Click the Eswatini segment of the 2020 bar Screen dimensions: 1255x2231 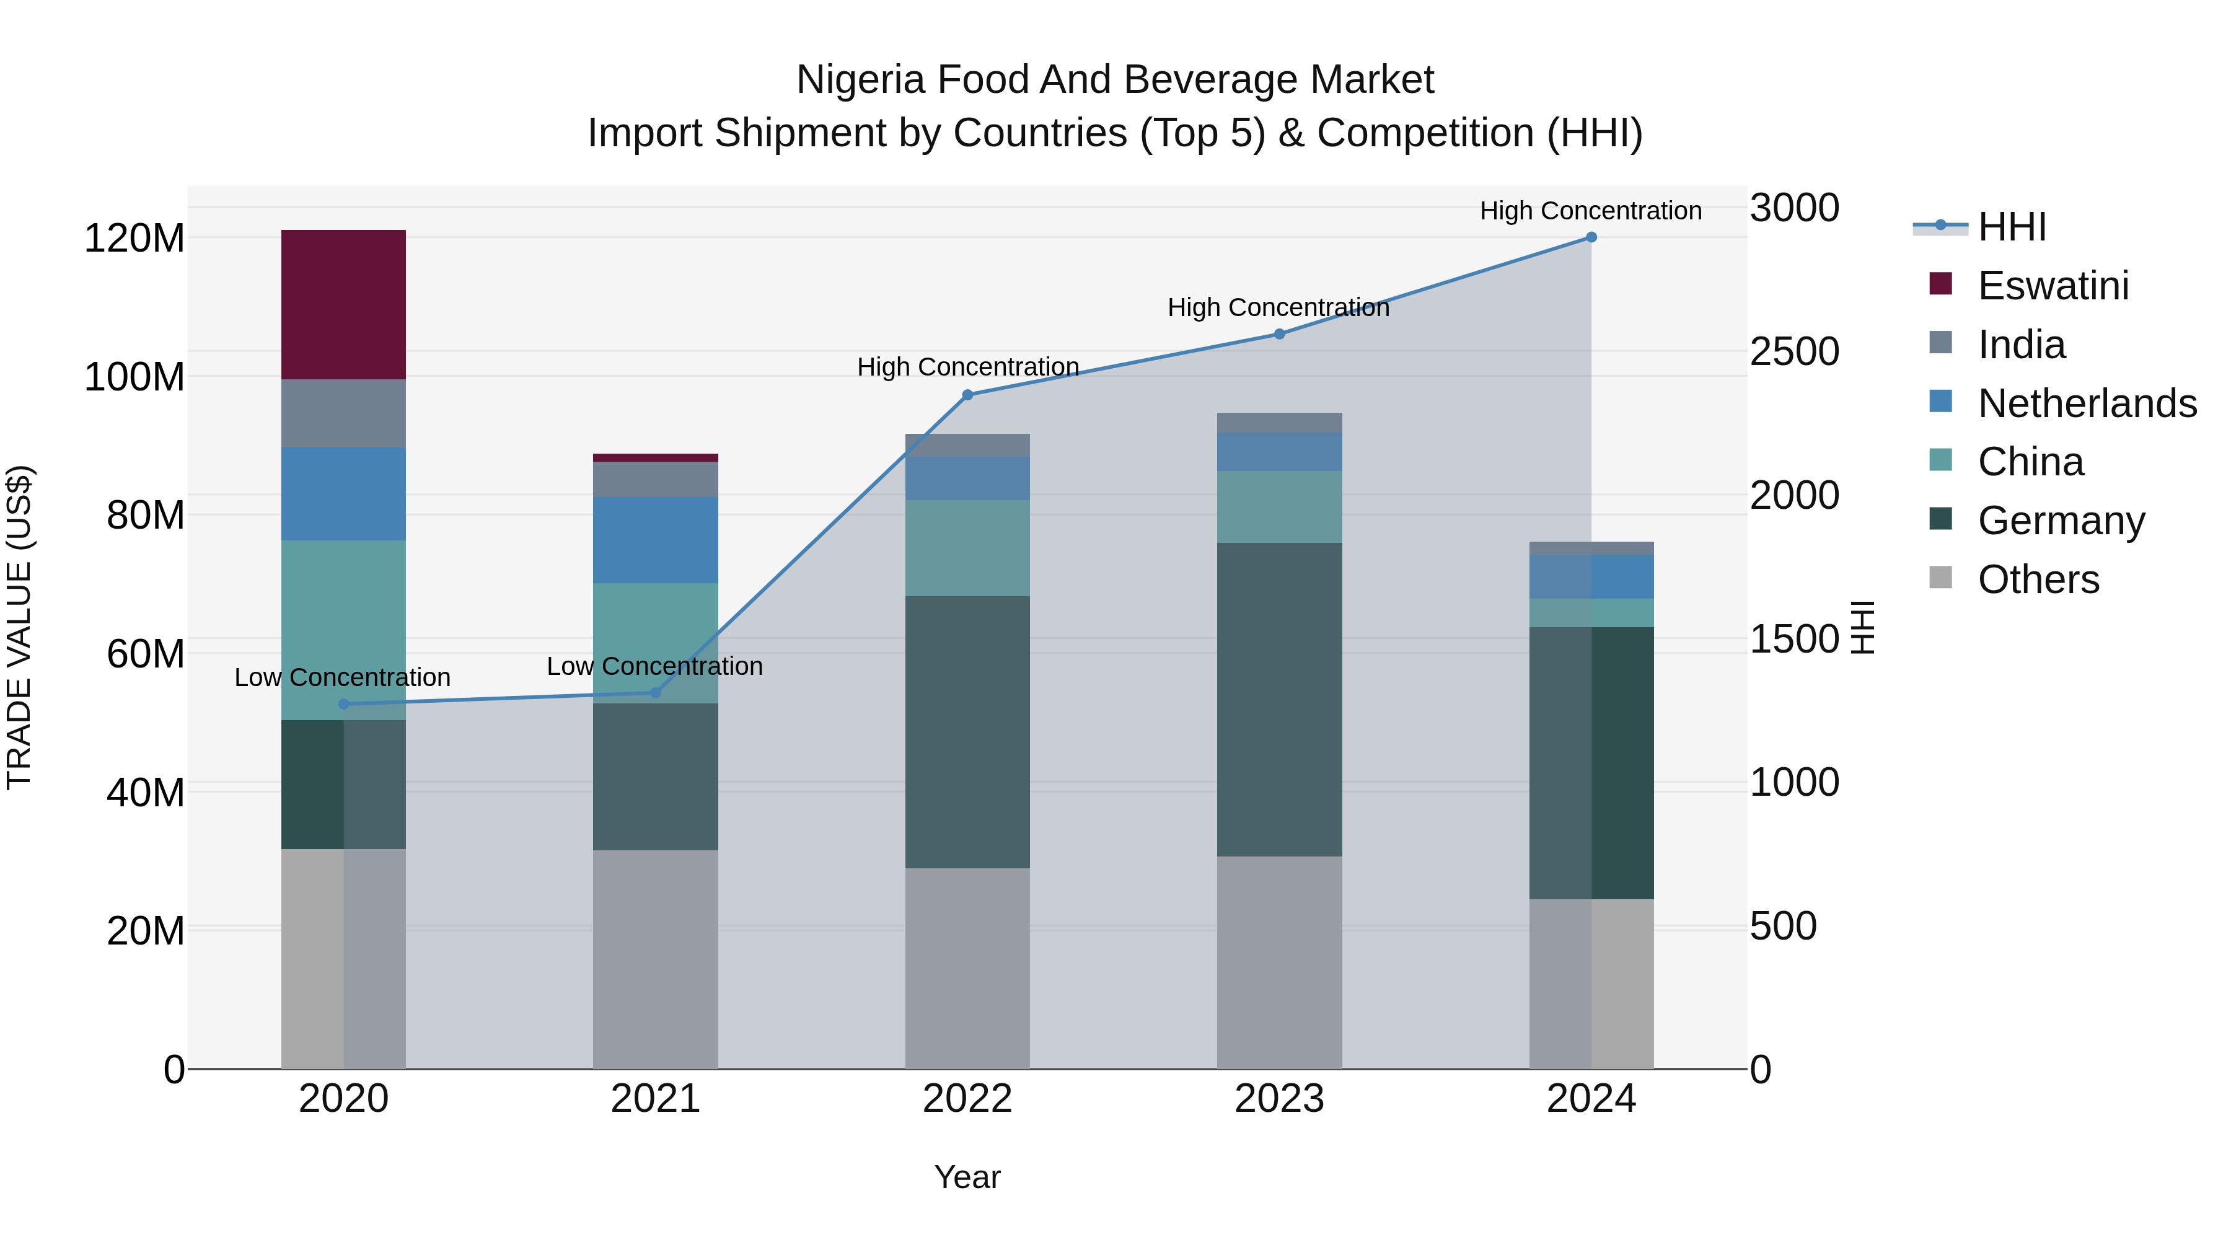coord(344,304)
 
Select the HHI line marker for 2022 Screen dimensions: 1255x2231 coord(967,395)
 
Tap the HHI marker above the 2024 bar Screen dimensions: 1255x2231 coord(1591,237)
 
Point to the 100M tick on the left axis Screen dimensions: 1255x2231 coord(134,377)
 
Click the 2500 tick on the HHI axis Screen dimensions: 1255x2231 coord(1793,351)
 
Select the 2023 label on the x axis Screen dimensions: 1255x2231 coord(1279,1099)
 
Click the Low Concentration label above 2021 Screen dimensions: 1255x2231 coord(655,666)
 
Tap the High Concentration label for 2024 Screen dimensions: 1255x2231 coord(1590,211)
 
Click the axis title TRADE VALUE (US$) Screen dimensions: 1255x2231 coord(19,627)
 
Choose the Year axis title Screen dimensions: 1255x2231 coord(967,1177)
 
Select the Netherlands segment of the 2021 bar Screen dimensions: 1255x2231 coord(656,540)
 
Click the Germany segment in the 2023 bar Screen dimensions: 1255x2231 coord(1279,700)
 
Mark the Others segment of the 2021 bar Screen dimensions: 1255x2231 coord(656,959)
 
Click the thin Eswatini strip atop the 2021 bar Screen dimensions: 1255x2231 coord(656,457)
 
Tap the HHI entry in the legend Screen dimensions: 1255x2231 coord(2011,227)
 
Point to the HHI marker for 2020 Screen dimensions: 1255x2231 coord(344,704)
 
